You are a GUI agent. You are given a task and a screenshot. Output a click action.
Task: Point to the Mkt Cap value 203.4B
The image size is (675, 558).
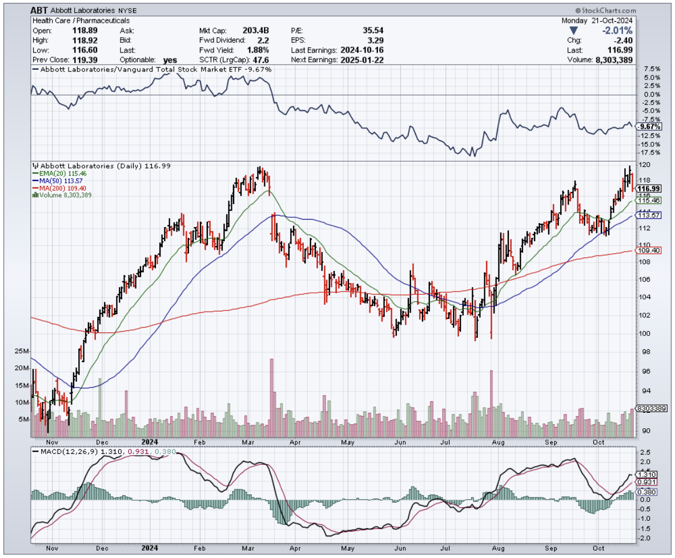[x=258, y=30]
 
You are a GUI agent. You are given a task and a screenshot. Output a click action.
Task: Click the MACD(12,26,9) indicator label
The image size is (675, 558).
[x=67, y=452]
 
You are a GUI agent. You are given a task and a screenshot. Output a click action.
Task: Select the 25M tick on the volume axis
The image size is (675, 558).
[x=23, y=350]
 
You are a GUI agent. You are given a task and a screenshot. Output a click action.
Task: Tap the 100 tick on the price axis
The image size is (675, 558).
[x=644, y=333]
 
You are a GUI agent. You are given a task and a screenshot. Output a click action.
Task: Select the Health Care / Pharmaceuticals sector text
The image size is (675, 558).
[x=81, y=21]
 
